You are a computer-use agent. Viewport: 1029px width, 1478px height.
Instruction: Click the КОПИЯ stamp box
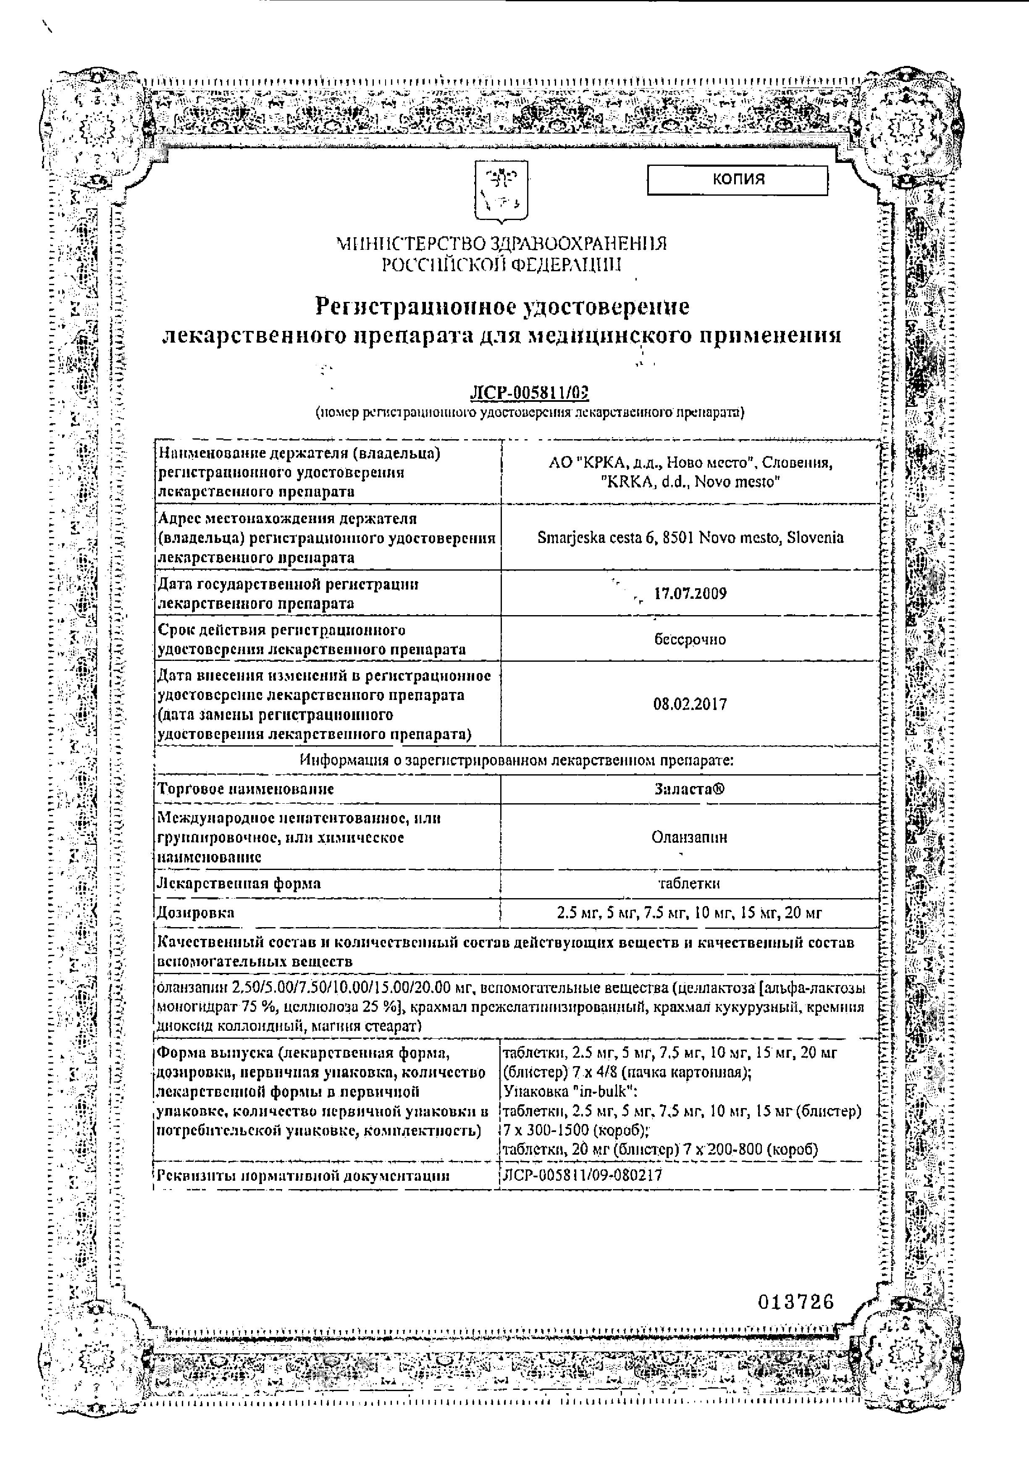(x=737, y=180)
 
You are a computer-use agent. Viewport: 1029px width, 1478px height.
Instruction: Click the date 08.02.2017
(x=690, y=704)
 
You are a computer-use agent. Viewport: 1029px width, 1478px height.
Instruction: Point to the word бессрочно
(x=690, y=639)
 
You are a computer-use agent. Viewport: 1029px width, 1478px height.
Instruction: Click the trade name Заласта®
(x=689, y=789)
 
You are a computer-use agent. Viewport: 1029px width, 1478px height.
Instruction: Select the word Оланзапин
(x=689, y=837)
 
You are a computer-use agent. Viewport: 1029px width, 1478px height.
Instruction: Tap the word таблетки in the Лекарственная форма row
(x=689, y=883)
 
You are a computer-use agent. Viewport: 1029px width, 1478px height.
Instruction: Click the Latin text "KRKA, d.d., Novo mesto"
(x=690, y=482)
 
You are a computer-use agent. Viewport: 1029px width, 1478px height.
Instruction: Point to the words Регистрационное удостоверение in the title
(x=501, y=307)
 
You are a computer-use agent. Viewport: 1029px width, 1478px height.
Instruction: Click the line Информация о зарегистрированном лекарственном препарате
(x=517, y=760)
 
